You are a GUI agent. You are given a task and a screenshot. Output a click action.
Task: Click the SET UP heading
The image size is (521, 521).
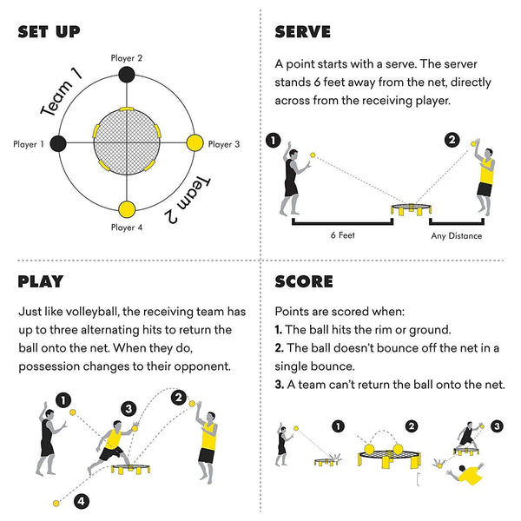49,32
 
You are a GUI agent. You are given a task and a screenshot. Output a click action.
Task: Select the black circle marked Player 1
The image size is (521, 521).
59,142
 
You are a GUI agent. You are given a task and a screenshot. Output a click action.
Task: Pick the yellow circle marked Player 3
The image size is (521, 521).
195,142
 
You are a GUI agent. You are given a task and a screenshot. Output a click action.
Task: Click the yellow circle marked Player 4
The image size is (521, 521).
127,209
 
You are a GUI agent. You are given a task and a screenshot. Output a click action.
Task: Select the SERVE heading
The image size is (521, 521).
302,32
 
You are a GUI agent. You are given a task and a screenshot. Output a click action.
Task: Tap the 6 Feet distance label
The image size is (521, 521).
340,235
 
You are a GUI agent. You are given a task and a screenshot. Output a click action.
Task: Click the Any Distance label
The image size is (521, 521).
456,235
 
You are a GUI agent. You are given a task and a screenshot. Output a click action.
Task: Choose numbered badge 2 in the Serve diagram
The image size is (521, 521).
452,141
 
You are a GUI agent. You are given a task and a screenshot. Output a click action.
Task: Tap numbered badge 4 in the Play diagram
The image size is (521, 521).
81,501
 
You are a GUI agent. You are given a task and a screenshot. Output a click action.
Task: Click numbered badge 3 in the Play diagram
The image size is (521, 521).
129,408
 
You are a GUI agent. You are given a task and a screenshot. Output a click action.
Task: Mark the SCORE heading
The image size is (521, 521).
304,281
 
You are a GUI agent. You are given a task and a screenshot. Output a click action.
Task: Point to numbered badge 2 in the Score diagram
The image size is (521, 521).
412,426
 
